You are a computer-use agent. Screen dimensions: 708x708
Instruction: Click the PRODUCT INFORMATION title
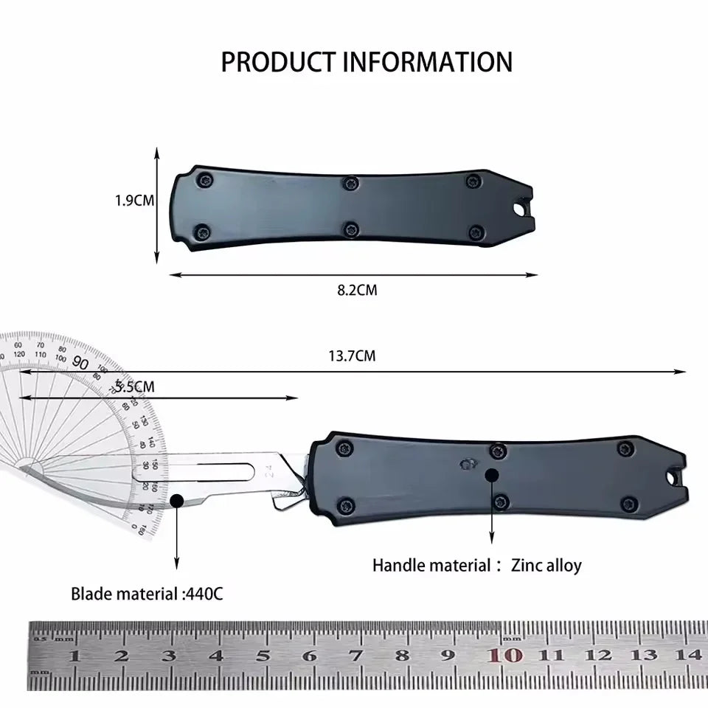tap(367, 62)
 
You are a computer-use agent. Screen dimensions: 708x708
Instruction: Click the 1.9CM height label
tap(134, 200)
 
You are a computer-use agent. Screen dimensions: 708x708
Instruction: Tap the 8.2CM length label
tap(357, 291)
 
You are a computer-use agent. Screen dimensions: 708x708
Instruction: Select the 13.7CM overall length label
tap(352, 356)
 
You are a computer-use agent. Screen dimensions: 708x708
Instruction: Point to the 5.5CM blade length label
tap(135, 386)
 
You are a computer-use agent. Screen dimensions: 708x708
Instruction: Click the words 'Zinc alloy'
tap(546, 566)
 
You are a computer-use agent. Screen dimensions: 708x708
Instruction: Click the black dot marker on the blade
tap(176, 502)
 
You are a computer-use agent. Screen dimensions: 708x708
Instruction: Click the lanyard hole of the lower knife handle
tap(674, 479)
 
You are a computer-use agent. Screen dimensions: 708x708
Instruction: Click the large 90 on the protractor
tap(81, 364)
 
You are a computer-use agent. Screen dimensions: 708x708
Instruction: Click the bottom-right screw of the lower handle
tap(628, 504)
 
